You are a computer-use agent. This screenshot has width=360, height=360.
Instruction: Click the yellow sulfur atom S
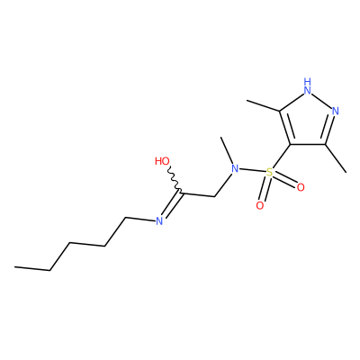point(269,172)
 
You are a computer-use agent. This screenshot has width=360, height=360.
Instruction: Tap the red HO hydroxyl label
point(162,161)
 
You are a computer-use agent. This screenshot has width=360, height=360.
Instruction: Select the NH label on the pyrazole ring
point(307,85)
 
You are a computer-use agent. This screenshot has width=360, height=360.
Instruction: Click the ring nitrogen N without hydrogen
point(336,111)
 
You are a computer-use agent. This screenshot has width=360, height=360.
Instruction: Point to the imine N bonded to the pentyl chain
point(159,221)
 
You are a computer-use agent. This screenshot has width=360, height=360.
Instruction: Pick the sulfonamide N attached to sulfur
point(235,168)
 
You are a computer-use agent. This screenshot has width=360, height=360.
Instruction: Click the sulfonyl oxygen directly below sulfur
point(260,206)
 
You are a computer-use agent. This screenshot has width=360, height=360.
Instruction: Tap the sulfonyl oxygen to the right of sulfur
point(301,187)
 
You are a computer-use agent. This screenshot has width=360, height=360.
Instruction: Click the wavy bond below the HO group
point(174,179)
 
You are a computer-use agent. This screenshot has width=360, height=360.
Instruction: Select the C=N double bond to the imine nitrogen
point(171,205)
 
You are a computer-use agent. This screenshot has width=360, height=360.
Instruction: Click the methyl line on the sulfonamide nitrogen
point(227,151)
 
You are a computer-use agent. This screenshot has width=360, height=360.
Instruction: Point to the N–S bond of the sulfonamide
point(252,171)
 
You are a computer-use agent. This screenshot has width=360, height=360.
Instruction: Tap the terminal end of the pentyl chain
point(14,266)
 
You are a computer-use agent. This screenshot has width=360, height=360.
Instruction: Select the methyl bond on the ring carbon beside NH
point(263,106)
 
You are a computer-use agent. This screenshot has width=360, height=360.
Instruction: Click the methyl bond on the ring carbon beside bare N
point(336,158)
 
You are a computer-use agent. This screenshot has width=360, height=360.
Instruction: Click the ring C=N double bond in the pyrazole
point(329,130)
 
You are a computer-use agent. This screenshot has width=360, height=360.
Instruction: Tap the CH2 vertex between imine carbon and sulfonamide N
point(215,197)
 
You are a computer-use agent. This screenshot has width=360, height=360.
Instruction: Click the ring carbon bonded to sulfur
point(291,145)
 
